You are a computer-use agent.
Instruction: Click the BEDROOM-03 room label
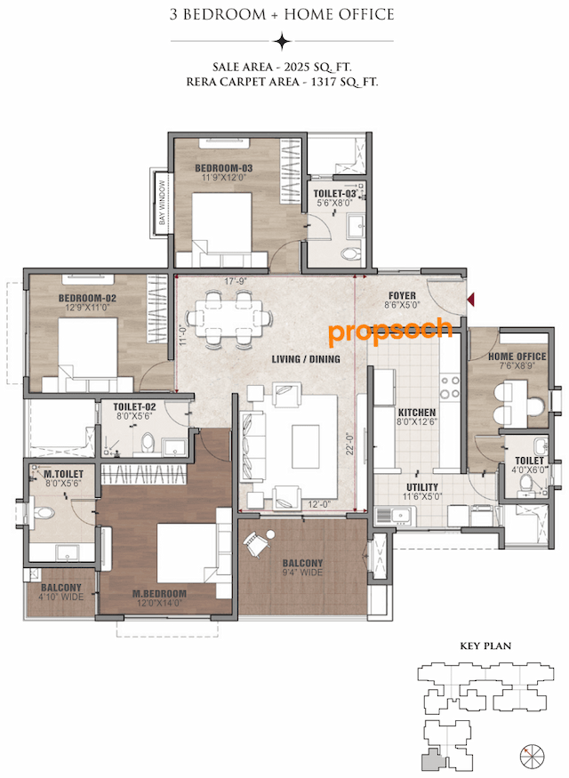[x=224, y=169]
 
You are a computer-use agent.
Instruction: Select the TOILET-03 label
[x=335, y=193]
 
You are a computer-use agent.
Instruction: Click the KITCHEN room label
[x=416, y=413]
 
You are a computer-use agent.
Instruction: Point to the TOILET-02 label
[x=135, y=406]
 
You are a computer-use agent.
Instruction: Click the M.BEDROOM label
[x=159, y=594]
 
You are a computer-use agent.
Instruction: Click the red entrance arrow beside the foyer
[x=472, y=300]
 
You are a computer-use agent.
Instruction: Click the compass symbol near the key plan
[x=532, y=755]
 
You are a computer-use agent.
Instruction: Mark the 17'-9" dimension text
[x=235, y=284]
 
